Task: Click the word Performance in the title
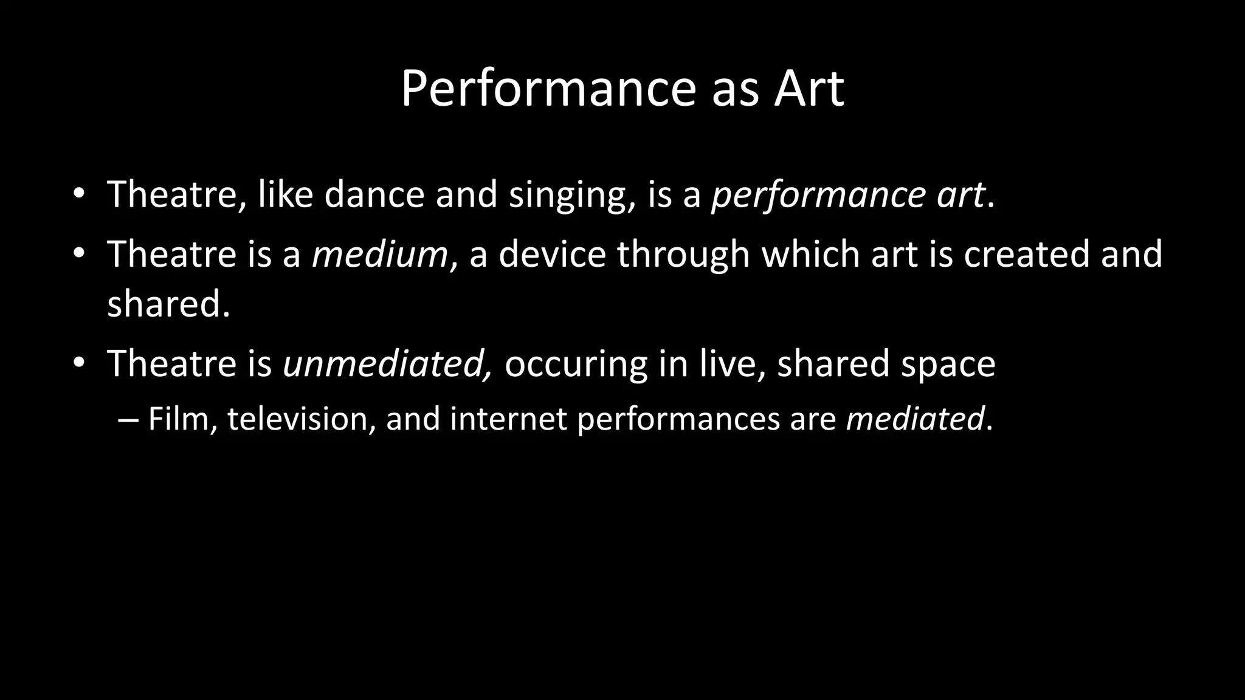point(548,89)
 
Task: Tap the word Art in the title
point(809,89)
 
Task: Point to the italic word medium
point(380,254)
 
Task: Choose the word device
point(552,254)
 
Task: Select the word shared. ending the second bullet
point(168,303)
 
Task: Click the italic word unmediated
point(387,364)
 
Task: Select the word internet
point(508,419)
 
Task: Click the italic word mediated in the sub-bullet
point(914,419)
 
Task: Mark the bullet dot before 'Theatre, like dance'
point(78,195)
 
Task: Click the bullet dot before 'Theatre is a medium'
point(78,255)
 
